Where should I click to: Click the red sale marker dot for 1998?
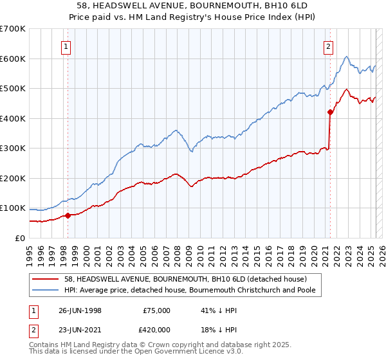click(x=68, y=215)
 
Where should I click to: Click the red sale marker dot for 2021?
click(x=330, y=112)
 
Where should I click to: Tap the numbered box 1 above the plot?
click(x=67, y=46)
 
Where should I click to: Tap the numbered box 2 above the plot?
click(x=328, y=46)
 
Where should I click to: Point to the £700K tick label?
click(x=12, y=29)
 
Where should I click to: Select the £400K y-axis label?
click(x=12, y=118)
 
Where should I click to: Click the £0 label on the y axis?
click(x=19, y=238)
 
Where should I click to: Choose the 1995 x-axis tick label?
click(x=30, y=251)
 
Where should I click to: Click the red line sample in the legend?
click(x=46, y=279)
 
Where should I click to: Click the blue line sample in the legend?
click(x=46, y=290)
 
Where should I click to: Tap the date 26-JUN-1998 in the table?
click(x=80, y=310)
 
